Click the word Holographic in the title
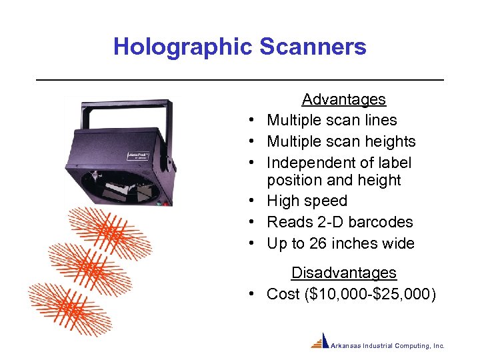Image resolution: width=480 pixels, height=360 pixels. coord(182,47)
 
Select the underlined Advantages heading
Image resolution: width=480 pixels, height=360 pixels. coord(343,99)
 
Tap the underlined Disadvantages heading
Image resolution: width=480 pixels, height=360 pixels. coord(343,273)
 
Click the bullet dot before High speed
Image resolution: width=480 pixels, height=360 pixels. coord(256,201)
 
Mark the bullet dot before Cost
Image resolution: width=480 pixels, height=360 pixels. coord(256,294)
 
